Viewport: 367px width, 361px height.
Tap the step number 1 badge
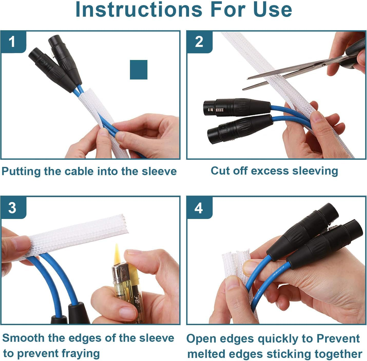13,42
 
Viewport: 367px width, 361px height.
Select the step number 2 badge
199,42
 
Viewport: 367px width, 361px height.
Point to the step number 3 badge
13,208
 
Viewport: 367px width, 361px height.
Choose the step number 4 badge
199,208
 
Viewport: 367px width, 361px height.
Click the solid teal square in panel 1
139,70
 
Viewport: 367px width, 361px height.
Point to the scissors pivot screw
324,65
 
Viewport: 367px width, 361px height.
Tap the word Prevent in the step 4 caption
338,338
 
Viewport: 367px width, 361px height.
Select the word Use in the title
273,9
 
